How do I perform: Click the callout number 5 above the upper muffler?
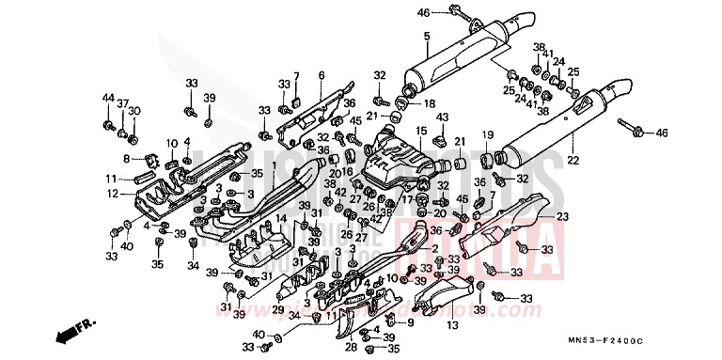click(426, 36)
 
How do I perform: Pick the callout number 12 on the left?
click(113, 194)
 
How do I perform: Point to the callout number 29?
click(278, 309)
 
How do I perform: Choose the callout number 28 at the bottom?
click(350, 347)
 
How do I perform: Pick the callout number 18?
click(430, 102)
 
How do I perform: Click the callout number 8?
click(127, 159)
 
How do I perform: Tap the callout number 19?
click(488, 135)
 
